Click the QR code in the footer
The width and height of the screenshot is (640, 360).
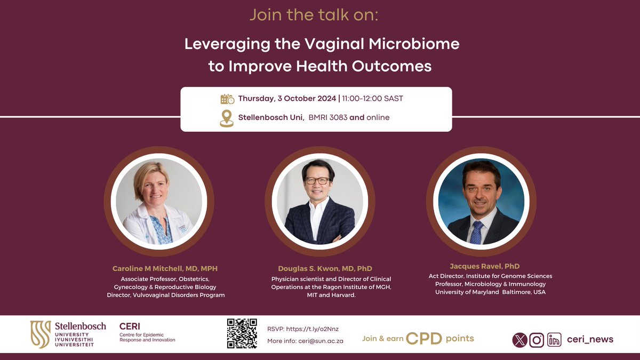point(242,333)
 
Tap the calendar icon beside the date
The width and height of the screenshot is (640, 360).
point(227,99)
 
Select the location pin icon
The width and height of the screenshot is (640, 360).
point(227,118)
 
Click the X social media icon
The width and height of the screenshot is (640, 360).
point(519,340)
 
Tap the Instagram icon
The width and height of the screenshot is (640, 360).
point(537,340)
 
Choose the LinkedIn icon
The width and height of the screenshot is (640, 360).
point(554,340)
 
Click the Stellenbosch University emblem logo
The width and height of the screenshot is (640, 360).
point(41,334)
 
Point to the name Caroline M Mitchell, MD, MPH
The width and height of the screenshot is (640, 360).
point(165,268)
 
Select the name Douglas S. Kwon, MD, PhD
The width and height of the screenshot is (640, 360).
point(325,268)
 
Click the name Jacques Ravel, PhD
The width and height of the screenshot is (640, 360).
point(485,266)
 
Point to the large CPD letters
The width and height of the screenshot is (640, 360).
point(423,339)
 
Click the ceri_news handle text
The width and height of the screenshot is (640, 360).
point(590,339)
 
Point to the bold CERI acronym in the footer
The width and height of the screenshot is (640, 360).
point(130,326)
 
